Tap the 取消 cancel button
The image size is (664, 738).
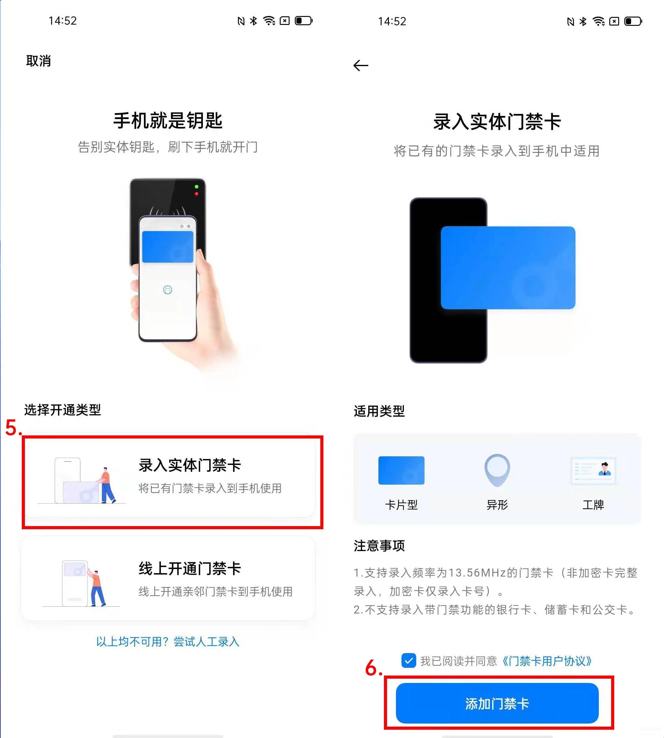tap(38, 61)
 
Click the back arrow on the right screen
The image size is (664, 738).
tap(361, 65)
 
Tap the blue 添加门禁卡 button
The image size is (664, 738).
tap(497, 703)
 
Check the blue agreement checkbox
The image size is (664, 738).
tap(409, 661)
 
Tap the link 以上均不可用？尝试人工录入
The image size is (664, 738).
tap(168, 642)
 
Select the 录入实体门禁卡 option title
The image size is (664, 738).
tap(190, 465)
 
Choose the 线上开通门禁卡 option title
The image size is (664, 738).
tap(190, 569)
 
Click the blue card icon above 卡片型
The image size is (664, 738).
tap(401, 470)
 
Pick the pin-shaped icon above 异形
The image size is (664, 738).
tap(497, 470)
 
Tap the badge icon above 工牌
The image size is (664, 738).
tap(593, 471)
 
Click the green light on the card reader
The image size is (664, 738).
tap(197, 187)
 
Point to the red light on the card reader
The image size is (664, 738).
tap(197, 194)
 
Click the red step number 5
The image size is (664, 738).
tap(13, 428)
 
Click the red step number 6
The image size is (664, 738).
tap(373, 668)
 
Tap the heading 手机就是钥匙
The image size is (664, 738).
tap(168, 121)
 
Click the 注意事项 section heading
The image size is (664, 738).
tap(379, 546)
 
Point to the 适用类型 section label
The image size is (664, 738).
tap(379, 411)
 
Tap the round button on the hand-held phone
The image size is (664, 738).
tap(168, 290)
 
